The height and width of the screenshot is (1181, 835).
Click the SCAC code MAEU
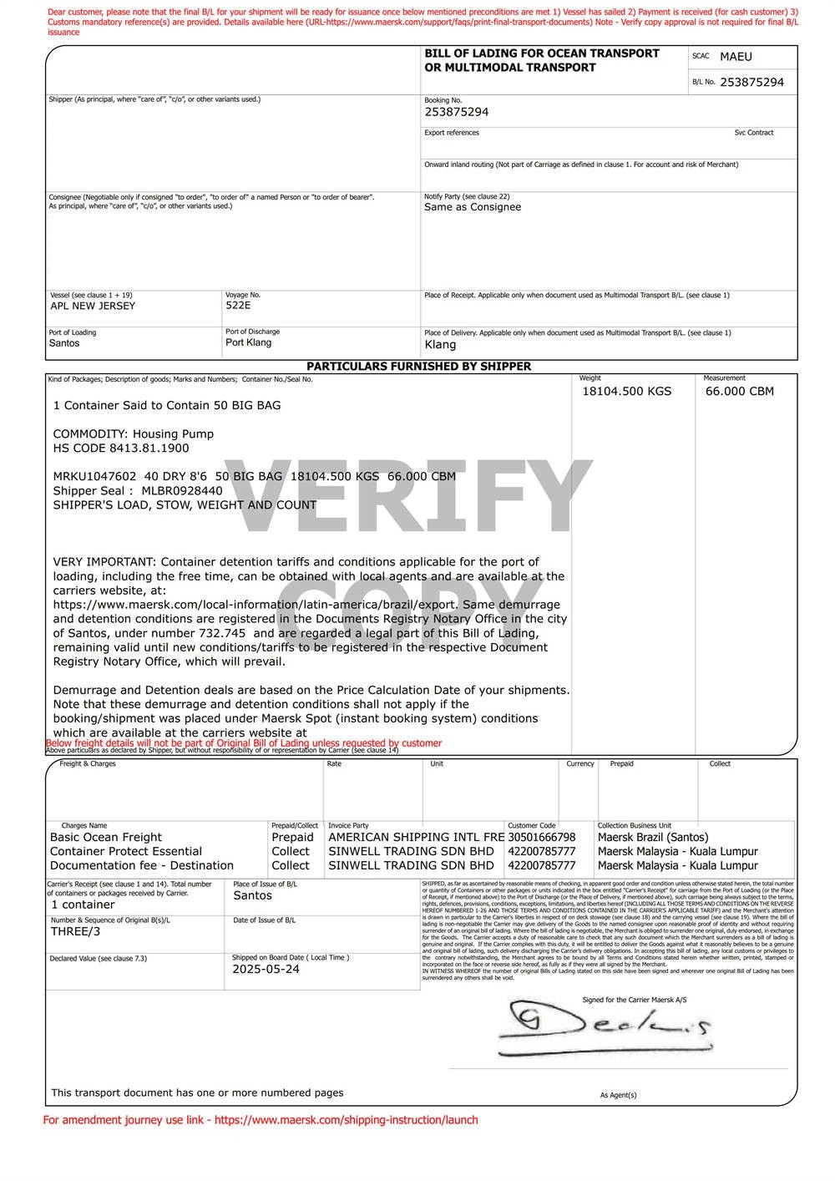tap(736, 57)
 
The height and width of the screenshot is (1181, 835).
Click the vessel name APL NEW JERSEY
tap(93, 306)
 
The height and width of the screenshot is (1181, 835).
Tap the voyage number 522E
tap(238, 306)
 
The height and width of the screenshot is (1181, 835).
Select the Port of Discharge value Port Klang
tap(248, 342)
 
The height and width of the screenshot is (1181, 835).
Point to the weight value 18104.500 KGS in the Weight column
tap(626, 391)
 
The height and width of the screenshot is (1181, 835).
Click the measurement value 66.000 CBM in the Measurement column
tap(739, 391)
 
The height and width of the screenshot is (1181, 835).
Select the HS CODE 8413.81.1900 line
tap(121, 448)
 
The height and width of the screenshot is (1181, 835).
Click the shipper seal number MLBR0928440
tap(182, 490)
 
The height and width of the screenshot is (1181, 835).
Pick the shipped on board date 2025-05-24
tap(266, 969)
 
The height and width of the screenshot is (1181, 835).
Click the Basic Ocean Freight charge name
tap(106, 837)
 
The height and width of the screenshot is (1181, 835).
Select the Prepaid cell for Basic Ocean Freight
tap(292, 837)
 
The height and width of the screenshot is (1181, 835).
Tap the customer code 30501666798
tap(541, 837)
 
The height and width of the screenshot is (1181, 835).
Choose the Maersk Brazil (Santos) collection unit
tap(653, 837)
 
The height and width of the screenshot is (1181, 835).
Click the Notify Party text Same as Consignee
tap(473, 207)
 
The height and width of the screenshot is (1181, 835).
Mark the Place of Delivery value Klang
tap(440, 344)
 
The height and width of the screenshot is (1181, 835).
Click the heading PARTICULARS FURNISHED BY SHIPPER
tap(418, 366)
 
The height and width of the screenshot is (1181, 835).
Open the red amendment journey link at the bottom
tap(346, 1120)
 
